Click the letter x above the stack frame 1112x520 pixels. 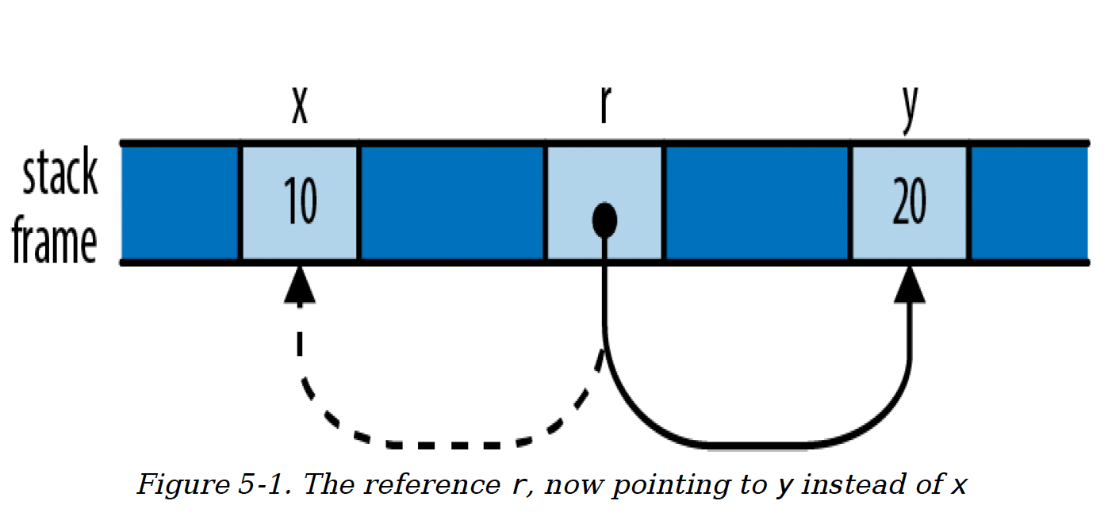coord(299,108)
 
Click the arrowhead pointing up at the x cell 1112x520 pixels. coord(299,284)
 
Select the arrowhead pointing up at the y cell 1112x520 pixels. coord(910,284)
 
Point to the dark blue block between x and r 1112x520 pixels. coord(453,202)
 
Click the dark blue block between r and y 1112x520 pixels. coord(757,202)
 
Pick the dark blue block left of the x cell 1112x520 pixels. coord(180,202)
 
